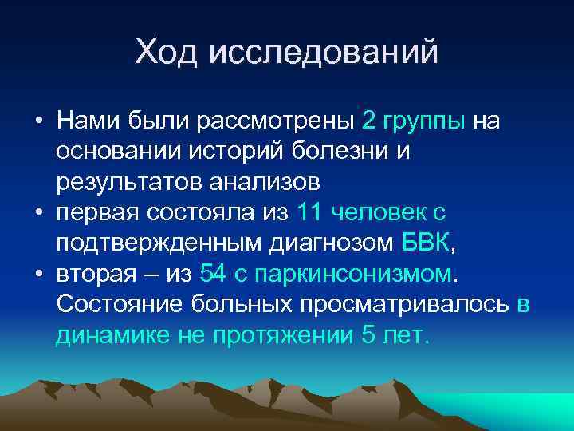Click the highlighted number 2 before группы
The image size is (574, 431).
[x=368, y=121]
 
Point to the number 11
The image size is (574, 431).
[x=309, y=213]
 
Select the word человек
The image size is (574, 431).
[x=378, y=213]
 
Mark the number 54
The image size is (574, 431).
[x=214, y=275]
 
